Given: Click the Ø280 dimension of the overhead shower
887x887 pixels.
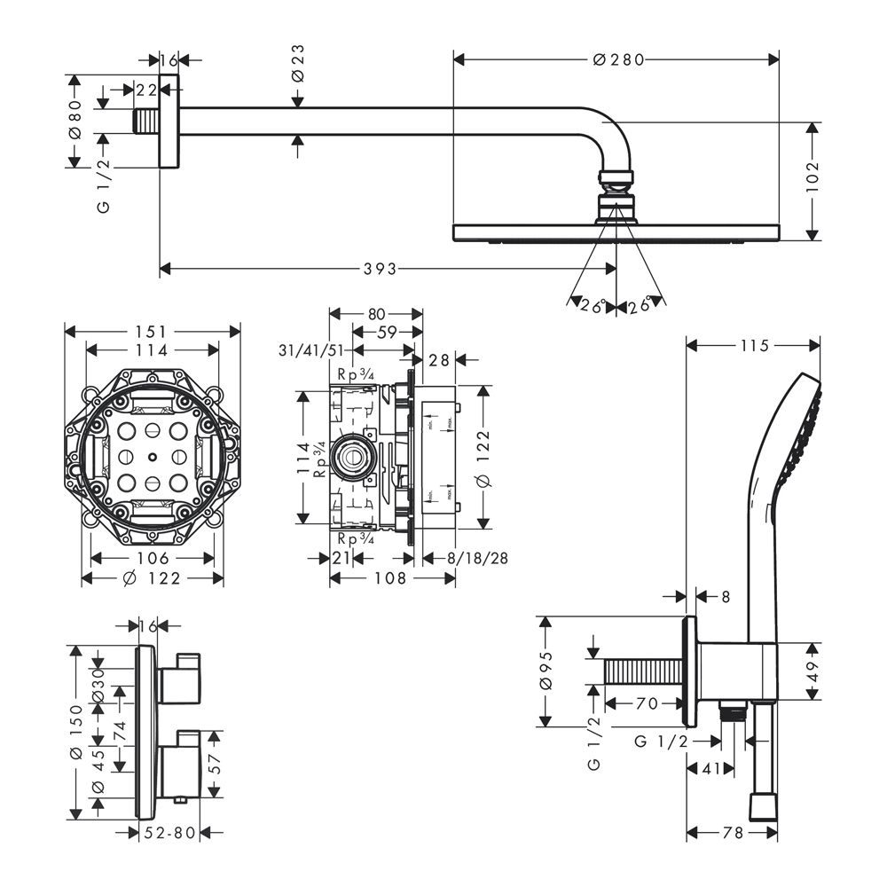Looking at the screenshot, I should (x=616, y=59).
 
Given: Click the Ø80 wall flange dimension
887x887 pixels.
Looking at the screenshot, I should (x=76, y=120).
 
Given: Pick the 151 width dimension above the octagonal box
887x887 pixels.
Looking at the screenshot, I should (x=152, y=331).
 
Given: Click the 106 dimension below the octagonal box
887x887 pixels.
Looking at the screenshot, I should (x=153, y=558).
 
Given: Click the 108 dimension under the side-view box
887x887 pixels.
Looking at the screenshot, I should (x=390, y=577).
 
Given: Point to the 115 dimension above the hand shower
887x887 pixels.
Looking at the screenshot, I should (x=753, y=345).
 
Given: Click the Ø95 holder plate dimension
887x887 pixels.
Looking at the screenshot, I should (x=546, y=671).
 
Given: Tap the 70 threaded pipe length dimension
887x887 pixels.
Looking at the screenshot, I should (x=646, y=704).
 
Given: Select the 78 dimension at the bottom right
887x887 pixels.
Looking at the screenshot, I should (x=732, y=832).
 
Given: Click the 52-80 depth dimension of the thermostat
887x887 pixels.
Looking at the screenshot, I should (x=171, y=832).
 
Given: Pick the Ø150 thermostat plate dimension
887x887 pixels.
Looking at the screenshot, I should (x=76, y=733).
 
